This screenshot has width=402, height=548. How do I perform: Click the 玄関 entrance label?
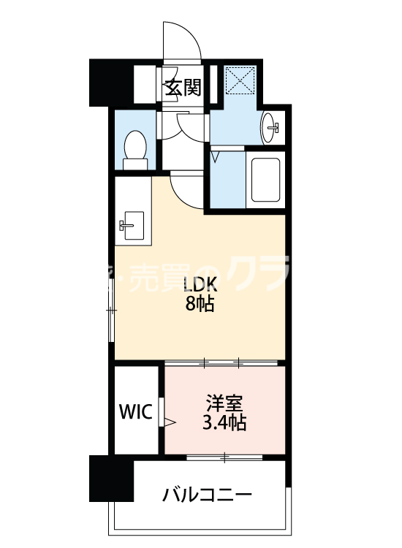coord(183,88)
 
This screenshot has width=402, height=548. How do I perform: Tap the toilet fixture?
coord(134,145)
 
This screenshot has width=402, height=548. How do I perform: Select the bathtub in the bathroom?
coord(265,179)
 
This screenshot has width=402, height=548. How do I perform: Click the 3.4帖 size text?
coord(224,422)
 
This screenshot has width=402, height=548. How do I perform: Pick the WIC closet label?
coord(135,412)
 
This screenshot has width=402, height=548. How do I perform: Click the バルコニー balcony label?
coord(207,495)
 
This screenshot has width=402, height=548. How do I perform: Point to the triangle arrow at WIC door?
coord(170,422)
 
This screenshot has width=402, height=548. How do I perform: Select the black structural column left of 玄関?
coord(108,82)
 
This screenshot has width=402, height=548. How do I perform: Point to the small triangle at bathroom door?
coord(216,155)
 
